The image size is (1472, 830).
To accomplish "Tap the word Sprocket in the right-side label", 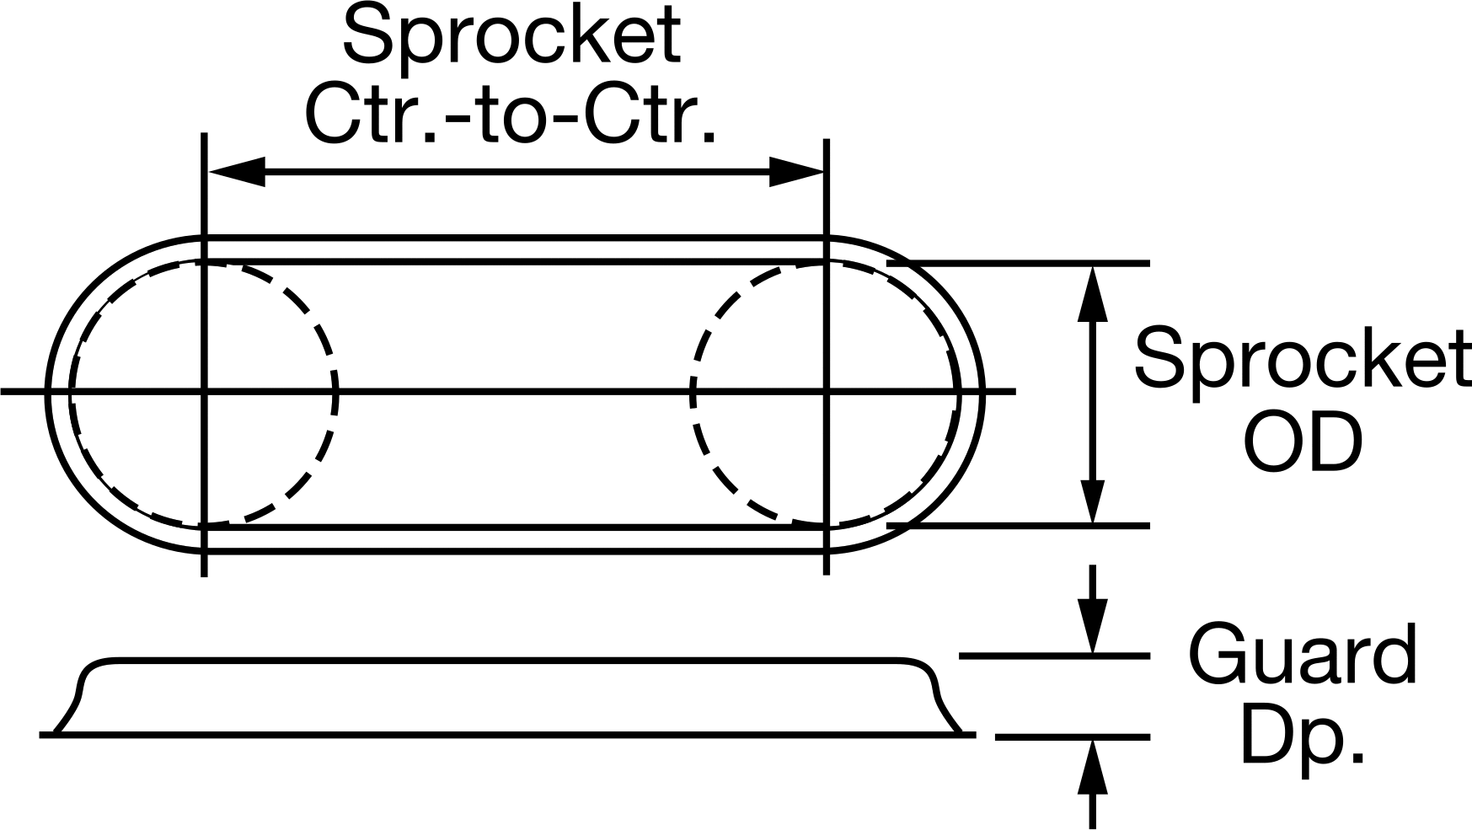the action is pos(1303,359).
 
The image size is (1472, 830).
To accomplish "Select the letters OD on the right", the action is pos(1303,441).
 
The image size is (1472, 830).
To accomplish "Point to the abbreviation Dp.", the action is pos(1303,735).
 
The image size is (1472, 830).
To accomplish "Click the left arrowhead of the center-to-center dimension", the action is pos(236,172).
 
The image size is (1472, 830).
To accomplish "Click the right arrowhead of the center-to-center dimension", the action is pos(796,172).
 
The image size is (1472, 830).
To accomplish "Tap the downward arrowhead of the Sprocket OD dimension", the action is pos(1092,495).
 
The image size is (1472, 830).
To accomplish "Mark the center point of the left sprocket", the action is pos(204,391).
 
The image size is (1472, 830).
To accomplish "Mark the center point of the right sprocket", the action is pos(827,391).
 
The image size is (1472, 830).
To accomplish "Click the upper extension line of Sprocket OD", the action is pos(1018,264).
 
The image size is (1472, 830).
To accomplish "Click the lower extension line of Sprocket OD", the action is pos(1018,526).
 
